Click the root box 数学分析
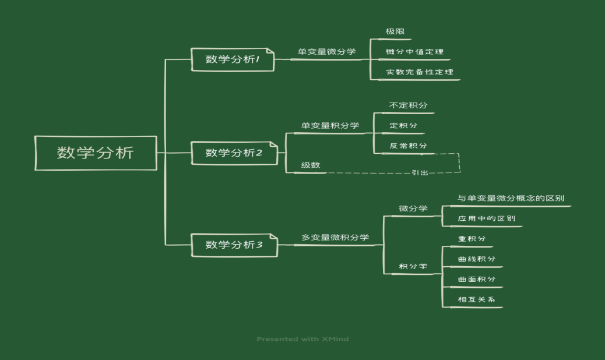coord(96,153)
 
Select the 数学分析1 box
coord(233,59)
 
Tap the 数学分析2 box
coord(234,153)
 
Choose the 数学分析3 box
coord(234,245)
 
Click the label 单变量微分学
coord(326,52)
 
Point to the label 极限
coord(395,31)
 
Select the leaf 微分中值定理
coord(414,52)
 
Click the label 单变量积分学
coord(330,125)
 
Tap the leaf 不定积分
coord(408,105)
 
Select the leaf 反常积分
coord(408,146)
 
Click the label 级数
coord(311,165)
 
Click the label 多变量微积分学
coord(335,237)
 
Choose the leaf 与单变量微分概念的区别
coord(511,199)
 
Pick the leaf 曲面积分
coord(477,279)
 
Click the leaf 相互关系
coord(477,299)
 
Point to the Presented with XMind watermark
coord(302,339)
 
